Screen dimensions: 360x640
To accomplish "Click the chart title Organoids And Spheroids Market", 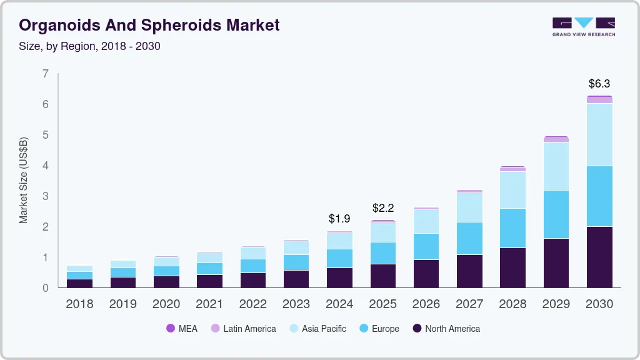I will click(149, 25).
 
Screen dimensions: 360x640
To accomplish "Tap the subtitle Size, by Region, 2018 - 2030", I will click(89, 46).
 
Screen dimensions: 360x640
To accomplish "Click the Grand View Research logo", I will click(583, 26).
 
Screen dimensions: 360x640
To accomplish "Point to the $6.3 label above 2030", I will click(599, 83).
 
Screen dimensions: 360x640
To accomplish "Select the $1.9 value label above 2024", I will click(339, 219).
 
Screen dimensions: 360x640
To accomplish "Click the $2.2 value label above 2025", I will click(383, 207).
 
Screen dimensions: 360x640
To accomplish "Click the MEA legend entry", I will click(182, 328).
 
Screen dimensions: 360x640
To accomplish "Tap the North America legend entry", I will click(446, 328).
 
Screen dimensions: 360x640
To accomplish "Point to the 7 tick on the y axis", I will click(45, 74).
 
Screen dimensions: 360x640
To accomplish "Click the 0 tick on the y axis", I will click(45, 288).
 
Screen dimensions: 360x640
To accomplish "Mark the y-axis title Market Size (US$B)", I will click(24, 181).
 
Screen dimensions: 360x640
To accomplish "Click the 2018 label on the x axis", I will click(79, 304).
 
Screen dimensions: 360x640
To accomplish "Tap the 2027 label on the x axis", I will click(469, 304).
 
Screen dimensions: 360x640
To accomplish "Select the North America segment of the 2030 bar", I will click(599, 257).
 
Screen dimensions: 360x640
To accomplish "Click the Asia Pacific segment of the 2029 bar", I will click(556, 166).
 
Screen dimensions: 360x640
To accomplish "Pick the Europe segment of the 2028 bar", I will click(512, 228).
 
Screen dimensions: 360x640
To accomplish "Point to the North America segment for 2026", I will click(426, 274).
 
